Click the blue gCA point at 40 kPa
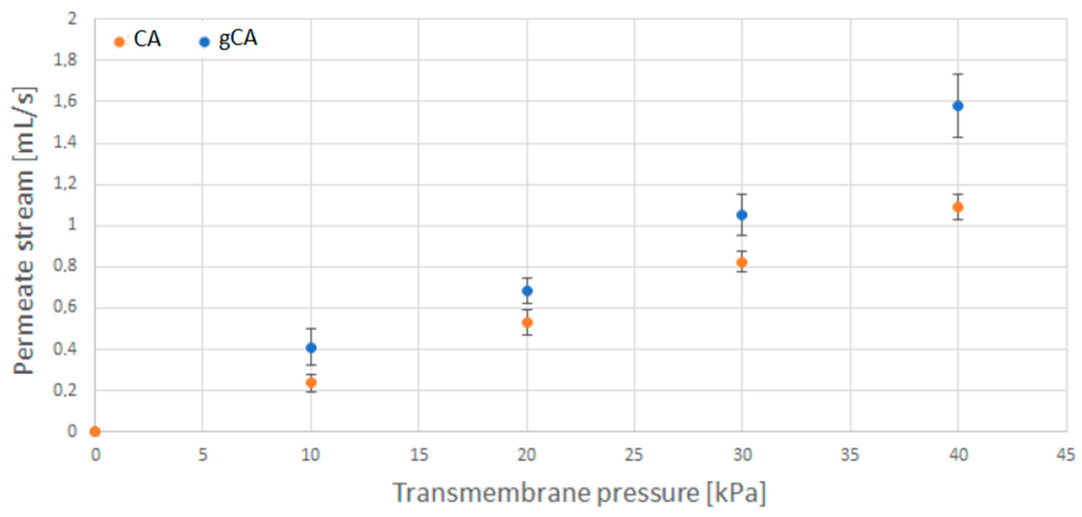coord(958,106)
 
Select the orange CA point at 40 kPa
coord(958,207)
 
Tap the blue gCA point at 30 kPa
coord(742,215)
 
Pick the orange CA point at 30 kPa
coord(742,263)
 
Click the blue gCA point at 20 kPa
coord(527,291)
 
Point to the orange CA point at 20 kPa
coord(527,323)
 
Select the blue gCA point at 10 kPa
coord(311,348)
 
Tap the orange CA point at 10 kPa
coord(311,383)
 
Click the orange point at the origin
coord(95,431)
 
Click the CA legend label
coord(147,39)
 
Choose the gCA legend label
coord(238,39)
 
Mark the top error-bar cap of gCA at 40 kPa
coord(958,74)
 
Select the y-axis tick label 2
coord(72,19)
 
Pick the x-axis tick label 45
coord(1065,455)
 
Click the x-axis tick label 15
coord(419,455)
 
